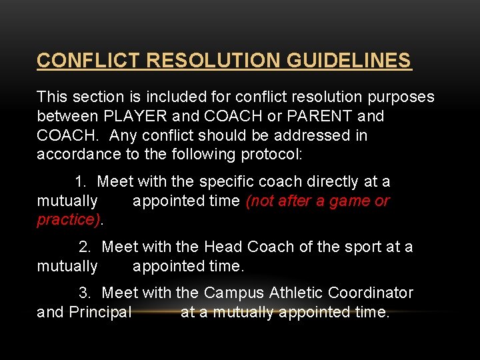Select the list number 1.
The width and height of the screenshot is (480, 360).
tap(81, 181)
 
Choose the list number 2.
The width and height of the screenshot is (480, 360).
tap(85, 247)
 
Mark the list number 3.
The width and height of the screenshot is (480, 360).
tap(85, 293)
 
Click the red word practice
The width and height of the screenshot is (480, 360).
tap(67, 220)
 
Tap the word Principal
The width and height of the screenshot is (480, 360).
tap(100, 312)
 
